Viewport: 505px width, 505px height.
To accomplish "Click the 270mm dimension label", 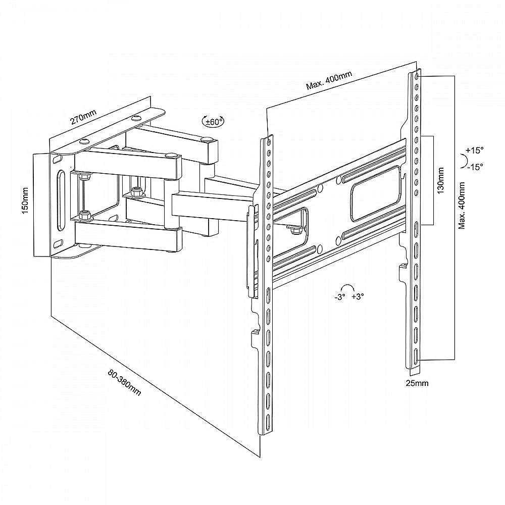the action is [x=83, y=117].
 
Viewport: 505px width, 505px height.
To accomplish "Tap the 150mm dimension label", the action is [x=26, y=200].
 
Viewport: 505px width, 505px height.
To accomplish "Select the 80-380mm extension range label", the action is [x=124, y=382].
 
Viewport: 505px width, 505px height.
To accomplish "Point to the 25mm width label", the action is [x=417, y=383].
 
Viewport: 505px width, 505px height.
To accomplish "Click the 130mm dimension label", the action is [x=440, y=180].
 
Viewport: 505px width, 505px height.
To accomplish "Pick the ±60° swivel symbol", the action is [x=213, y=121].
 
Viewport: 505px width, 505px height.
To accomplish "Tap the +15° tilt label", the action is [x=474, y=150].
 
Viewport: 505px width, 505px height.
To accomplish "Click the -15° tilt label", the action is [x=475, y=167].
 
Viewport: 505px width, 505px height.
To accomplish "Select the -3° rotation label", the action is [x=340, y=297].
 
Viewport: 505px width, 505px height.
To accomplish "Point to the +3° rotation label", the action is [x=358, y=296].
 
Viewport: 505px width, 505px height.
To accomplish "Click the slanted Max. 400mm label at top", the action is [x=329, y=80].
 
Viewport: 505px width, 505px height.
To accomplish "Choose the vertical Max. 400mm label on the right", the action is [x=462, y=206].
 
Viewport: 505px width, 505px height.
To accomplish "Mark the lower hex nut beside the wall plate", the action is [x=85, y=215].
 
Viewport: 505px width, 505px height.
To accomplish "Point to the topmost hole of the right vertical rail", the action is [x=418, y=76].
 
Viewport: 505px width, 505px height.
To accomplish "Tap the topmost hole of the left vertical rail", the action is [x=269, y=142].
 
